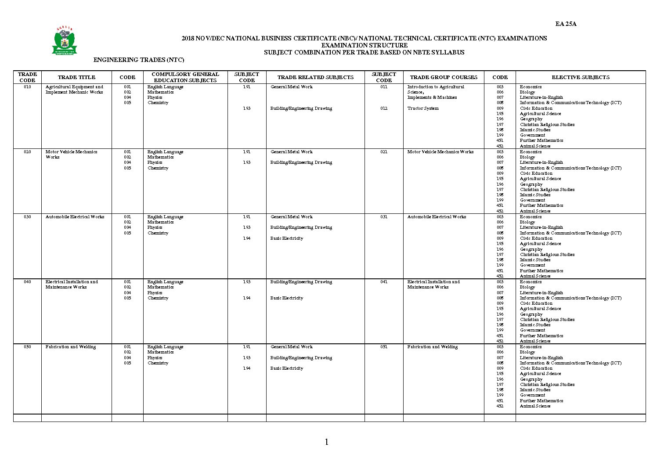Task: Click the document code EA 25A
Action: pos(566,24)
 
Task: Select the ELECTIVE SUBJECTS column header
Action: pos(580,77)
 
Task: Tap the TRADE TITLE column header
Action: pos(76,77)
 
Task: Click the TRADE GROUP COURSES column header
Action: pos(443,77)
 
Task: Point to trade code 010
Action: pos(27,87)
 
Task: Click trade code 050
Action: pos(27,347)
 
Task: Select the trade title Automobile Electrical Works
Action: pos(75,217)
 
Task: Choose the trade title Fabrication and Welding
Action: pos(71,347)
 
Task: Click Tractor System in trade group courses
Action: pos(423,108)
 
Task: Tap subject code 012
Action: pos(384,108)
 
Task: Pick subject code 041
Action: pos(384,282)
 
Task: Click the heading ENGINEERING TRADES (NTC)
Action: pos(139,60)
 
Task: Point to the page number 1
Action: pos(326,442)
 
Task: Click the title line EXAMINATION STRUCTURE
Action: pos(364,45)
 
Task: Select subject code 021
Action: pos(384,152)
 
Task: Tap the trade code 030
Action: pos(27,217)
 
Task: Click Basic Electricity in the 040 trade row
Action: pos(286,298)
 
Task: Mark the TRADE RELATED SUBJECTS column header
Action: pos(315,77)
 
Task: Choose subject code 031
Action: pos(384,217)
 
